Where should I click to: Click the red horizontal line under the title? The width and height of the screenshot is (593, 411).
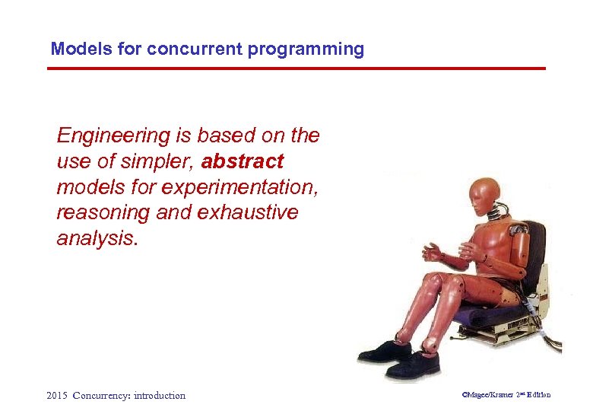pyautogui.click(x=296, y=68)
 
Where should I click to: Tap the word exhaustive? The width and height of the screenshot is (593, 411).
pyautogui.click(x=247, y=213)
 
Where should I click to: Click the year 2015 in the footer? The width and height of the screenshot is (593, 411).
pyautogui.click(x=57, y=395)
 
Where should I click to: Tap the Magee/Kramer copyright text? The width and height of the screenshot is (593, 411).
pyautogui.click(x=506, y=394)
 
